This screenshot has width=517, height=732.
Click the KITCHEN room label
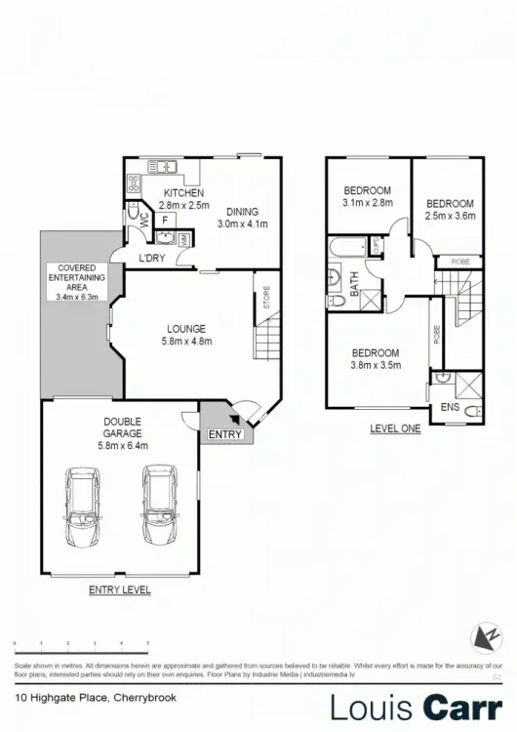pyautogui.click(x=182, y=193)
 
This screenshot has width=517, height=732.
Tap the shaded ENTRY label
pyautogui.click(x=225, y=434)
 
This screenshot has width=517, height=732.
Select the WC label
pyautogui.click(x=144, y=222)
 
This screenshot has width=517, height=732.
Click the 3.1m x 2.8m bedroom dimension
pyautogui.click(x=367, y=203)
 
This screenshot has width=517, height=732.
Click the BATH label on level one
pyautogui.click(x=354, y=285)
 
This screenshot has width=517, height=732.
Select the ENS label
pyautogui.click(x=450, y=407)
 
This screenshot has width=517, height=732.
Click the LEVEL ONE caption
pyautogui.click(x=395, y=428)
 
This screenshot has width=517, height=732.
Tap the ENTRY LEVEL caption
pyautogui.click(x=120, y=590)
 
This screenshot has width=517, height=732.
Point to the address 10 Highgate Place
pyautogui.click(x=61, y=697)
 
